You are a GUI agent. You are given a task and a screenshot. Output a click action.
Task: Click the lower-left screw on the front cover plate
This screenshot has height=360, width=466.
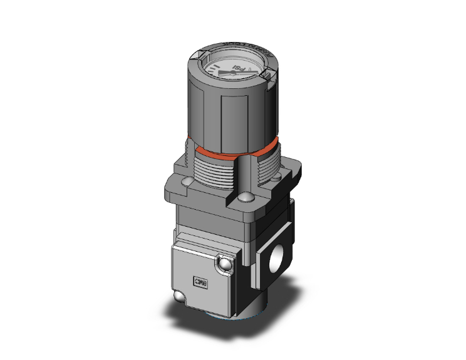coord(180,297)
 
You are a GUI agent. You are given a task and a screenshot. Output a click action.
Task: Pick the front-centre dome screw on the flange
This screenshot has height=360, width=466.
coord(244,200)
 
